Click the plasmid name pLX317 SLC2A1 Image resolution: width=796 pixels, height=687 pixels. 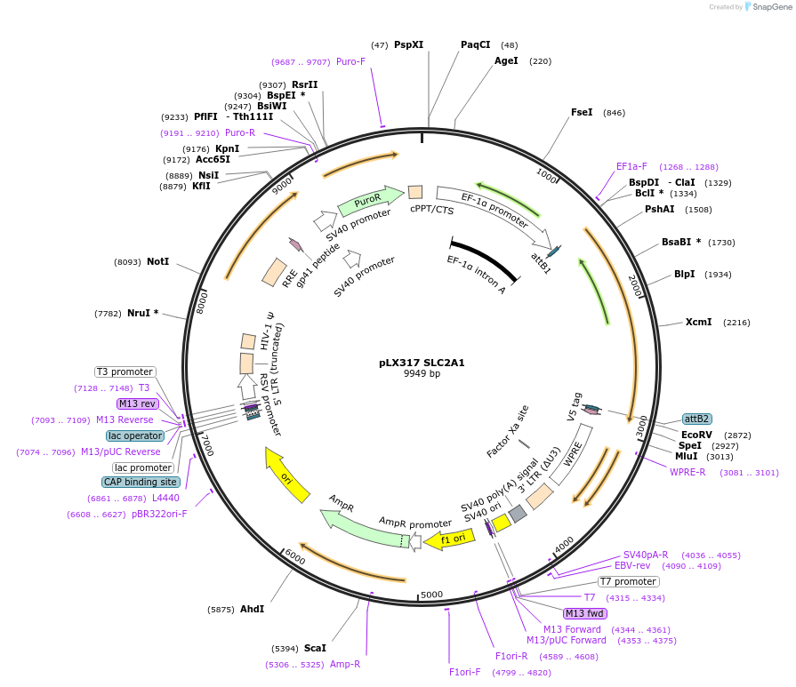pyautogui.click(x=421, y=363)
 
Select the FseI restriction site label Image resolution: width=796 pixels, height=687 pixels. pyautogui.click(x=582, y=113)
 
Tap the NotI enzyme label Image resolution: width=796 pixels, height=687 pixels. pyautogui.click(x=157, y=262)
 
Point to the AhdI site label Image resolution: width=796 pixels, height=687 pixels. pyautogui.click(x=253, y=609)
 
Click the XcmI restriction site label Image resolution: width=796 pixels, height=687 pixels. pyautogui.click(x=698, y=322)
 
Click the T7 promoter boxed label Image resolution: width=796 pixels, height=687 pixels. pyautogui.click(x=628, y=582)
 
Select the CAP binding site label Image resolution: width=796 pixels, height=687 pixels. pyautogui.click(x=141, y=482)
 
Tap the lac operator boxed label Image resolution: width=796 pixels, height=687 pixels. pyautogui.click(x=134, y=435)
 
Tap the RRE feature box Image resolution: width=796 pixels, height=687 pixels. pyautogui.click(x=275, y=272)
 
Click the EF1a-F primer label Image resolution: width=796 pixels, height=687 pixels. pyautogui.click(x=631, y=166)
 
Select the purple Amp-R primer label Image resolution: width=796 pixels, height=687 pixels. pyautogui.click(x=345, y=664)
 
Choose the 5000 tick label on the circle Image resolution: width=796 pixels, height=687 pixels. pyautogui.click(x=431, y=594)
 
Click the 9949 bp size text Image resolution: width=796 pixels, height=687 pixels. pyautogui.click(x=422, y=374)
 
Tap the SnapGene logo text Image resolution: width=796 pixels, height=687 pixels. pyautogui.click(x=770, y=7)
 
